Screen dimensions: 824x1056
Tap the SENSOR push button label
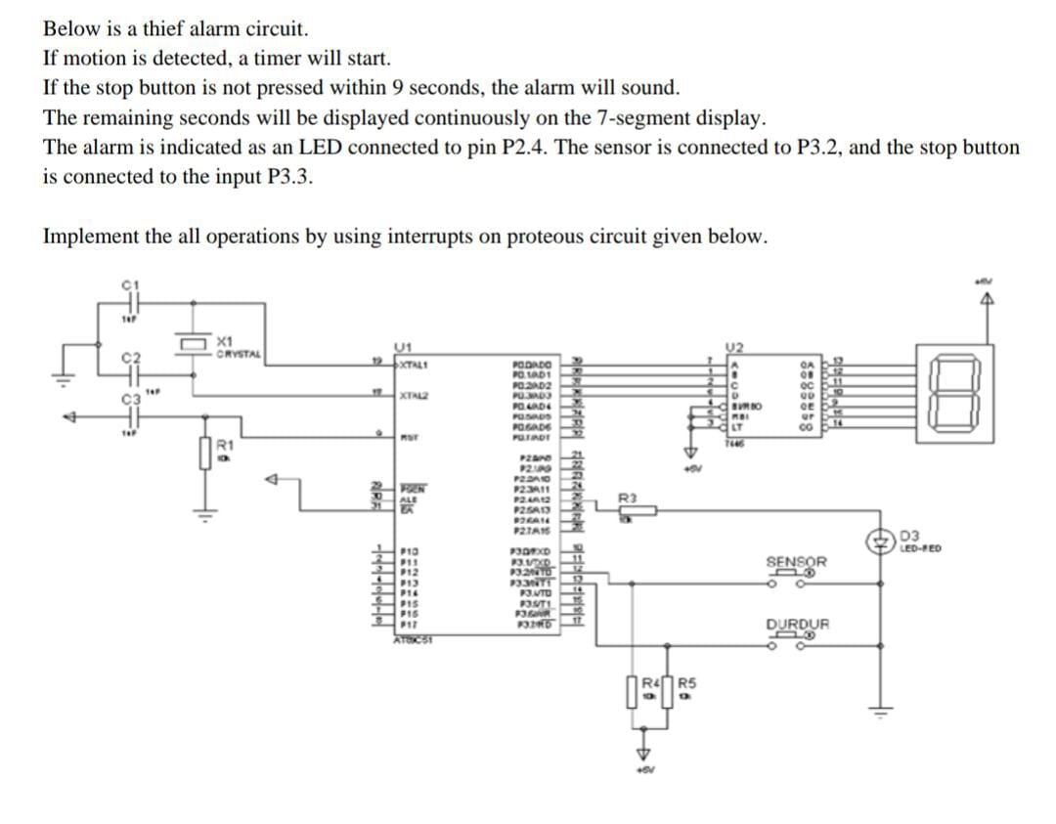click(796, 562)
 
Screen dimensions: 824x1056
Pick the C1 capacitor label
click(125, 284)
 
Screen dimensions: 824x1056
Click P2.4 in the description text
click(591, 148)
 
